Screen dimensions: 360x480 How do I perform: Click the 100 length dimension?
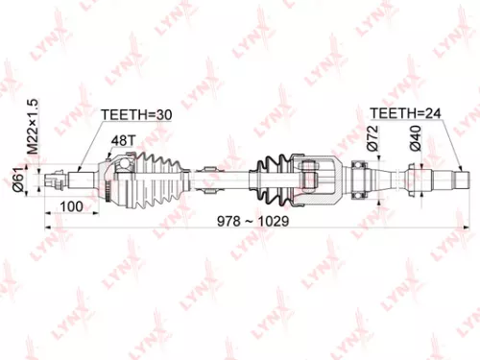point(69,205)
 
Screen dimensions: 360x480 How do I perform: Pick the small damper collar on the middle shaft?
point(204,179)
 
